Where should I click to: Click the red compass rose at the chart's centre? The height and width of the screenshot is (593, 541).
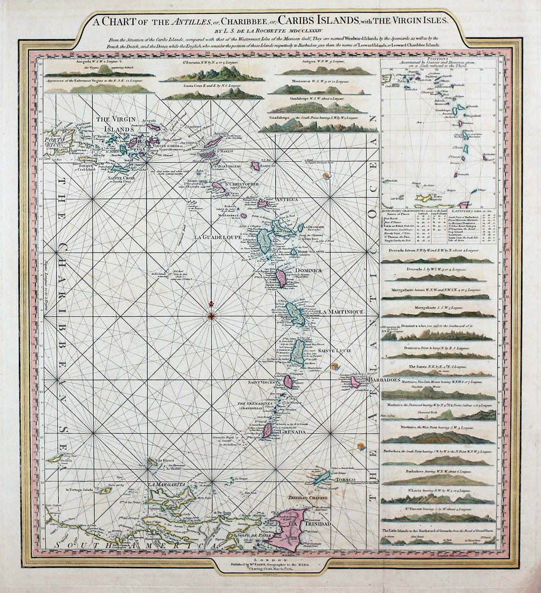(211, 316)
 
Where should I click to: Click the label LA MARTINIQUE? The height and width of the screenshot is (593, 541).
(341, 312)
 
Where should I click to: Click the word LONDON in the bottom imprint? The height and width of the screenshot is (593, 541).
(271, 561)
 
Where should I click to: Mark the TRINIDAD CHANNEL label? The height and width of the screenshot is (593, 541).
(308, 497)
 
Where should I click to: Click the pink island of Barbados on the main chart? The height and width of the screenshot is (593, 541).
(355, 382)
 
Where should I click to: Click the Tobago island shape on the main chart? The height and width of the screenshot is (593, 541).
(322, 477)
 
